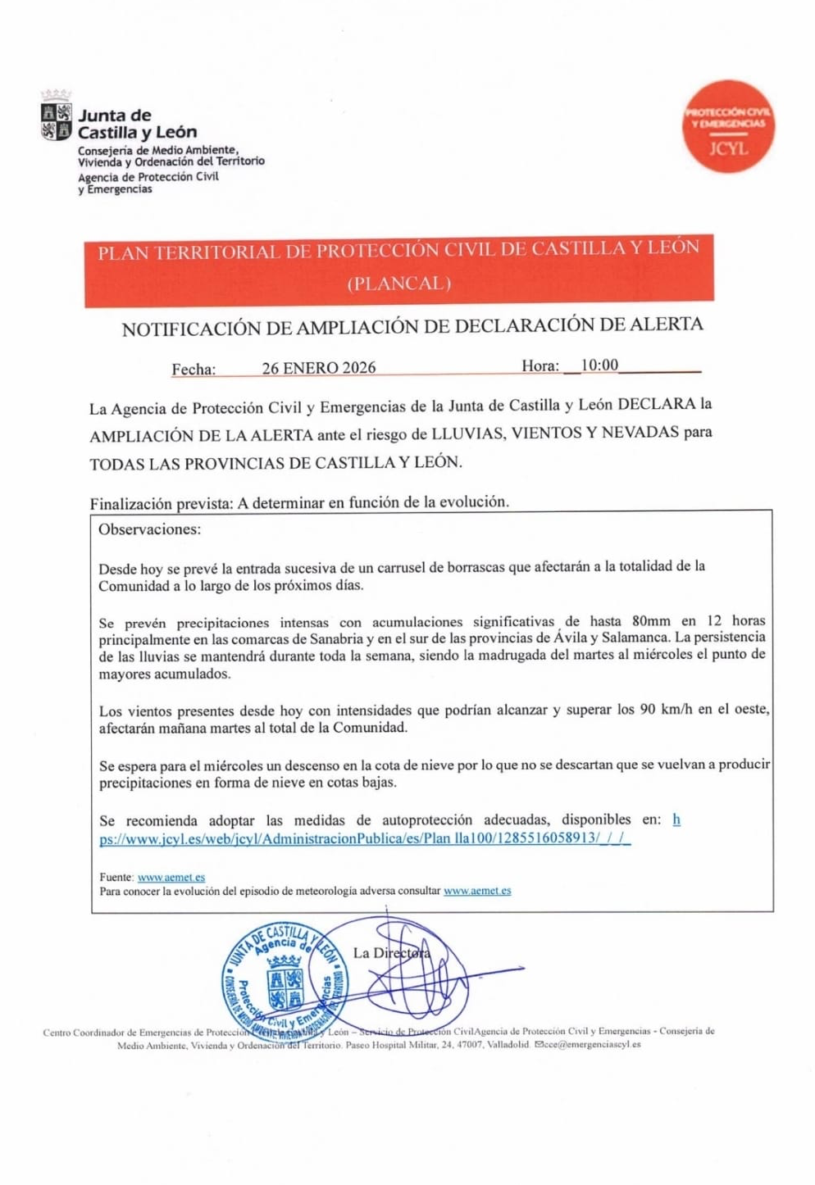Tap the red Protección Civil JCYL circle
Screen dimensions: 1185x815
727,126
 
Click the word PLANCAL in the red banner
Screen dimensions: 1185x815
399,284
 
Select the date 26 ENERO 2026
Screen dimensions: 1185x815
319,368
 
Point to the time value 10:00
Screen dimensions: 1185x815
599,365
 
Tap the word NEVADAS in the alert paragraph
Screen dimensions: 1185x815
640,432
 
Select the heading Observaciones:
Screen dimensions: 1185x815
149,529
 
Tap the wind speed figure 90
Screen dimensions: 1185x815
647,709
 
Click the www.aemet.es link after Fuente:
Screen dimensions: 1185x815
171,877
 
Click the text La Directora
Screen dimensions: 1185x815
391,952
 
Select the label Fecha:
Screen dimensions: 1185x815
194,370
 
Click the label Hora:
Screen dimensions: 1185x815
540,366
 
